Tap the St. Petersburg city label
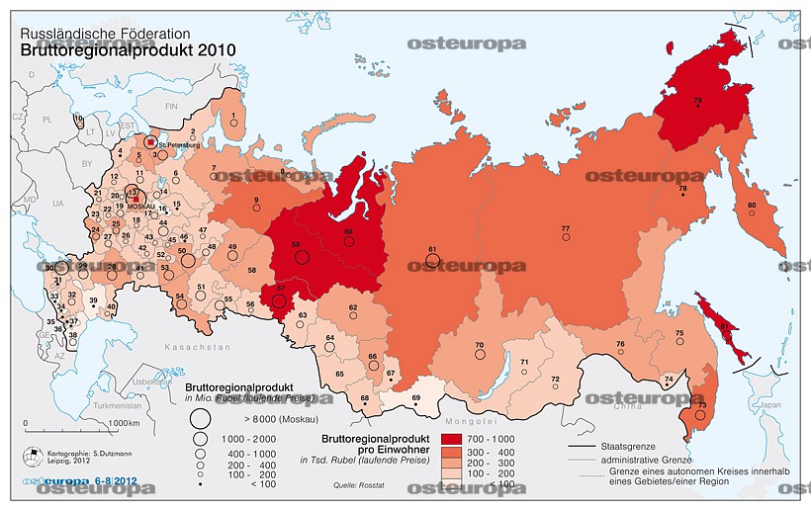[x=177, y=144]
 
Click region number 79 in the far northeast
[x=697, y=100]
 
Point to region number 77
[x=565, y=229]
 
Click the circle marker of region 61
[x=432, y=260]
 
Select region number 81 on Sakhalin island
[x=724, y=325]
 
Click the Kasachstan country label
[x=198, y=348]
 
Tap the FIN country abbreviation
[x=170, y=105]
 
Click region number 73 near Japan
[x=702, y=405]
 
